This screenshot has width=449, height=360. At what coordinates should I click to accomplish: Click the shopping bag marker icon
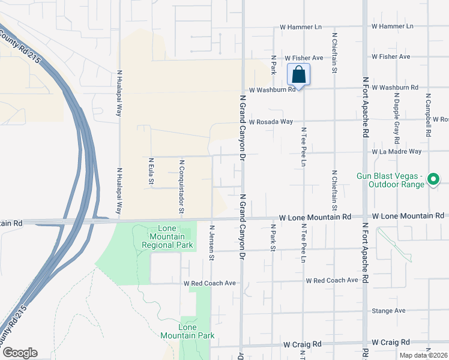pos(298,75)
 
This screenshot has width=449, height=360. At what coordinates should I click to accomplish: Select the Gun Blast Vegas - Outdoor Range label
pos(391,179)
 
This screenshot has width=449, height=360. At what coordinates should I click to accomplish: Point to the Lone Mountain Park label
pos(196,331)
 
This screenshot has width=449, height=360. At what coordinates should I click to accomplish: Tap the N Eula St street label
pos(151,171)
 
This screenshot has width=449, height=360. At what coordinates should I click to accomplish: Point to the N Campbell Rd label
pos(428,115)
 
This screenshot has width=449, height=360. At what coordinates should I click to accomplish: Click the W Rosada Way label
pos(271,121)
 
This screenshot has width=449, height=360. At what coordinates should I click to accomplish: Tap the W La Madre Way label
pos(396,152)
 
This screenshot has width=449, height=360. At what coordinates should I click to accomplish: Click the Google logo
pos(19,353)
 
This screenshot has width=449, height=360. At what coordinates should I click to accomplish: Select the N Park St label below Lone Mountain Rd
pos(273,238)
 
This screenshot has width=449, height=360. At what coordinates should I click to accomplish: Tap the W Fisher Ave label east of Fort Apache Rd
pos(390,56)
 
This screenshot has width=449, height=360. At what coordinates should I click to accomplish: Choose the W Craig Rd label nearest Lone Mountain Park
pos(303,344)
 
